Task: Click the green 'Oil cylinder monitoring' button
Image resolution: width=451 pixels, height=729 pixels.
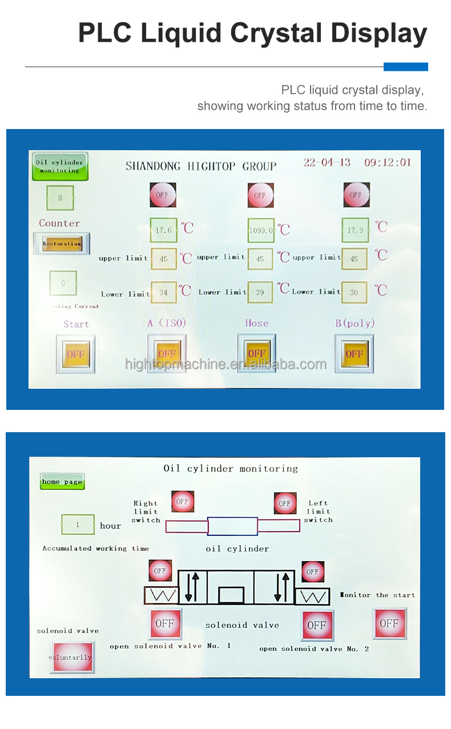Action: (60, 166)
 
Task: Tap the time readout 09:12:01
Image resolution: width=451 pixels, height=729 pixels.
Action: (388, 163)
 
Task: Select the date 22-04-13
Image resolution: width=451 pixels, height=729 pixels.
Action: (327, 163)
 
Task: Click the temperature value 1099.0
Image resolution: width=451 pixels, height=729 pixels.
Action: (260, 230)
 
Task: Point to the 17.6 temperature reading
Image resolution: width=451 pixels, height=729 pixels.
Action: (164, 230)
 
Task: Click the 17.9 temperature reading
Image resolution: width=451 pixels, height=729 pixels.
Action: (355, 230)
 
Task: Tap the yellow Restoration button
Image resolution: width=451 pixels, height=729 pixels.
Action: (62, 243)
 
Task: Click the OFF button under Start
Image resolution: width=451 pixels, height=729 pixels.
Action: (76, 354)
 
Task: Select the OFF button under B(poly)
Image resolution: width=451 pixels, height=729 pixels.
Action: (354, 354)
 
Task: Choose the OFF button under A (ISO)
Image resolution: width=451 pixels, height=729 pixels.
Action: (167, 354)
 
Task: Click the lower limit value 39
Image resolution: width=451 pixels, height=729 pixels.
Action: (260, 292)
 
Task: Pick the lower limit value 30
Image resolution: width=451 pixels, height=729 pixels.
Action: (355, 292)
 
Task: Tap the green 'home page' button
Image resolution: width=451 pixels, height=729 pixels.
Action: (62, 482)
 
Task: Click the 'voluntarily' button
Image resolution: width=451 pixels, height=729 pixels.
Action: (70, 657)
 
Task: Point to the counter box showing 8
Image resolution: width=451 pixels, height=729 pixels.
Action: (60, 198)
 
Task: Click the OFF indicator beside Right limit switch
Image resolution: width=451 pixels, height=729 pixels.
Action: (182, 502)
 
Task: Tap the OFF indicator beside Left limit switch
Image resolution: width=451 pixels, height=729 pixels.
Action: (284, 504)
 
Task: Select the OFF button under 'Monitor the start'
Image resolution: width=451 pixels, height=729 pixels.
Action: (389, 623)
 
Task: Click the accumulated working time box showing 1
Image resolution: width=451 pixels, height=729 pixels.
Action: (78, 525)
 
